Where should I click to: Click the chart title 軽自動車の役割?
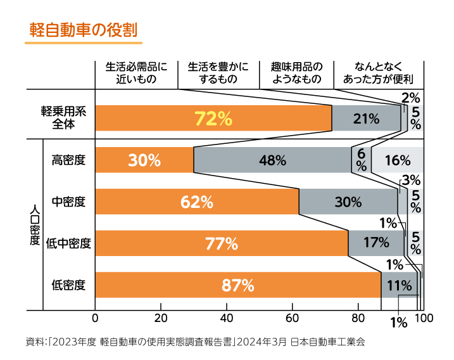coord(83,30)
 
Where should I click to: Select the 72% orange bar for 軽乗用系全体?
coord(213,118)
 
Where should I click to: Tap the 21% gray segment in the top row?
coord(366,118)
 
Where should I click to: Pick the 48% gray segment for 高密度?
coord(272,160)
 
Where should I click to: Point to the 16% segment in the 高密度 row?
coord(397,160)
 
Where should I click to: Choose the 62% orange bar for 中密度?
coord(196,202)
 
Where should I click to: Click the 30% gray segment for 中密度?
coord(348,202)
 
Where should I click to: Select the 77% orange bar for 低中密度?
coord(221,243)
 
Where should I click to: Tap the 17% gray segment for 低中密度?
coord(375,243)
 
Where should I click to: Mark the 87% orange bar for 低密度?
coord(237,285)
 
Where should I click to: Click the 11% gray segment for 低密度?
coord(399,285)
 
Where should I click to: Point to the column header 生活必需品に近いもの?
coord(136,73)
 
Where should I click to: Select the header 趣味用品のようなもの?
coord(296,73)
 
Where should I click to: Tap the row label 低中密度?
coord(69,243)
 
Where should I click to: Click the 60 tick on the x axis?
coord(292,318)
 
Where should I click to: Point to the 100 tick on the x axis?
coord(423,318)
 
